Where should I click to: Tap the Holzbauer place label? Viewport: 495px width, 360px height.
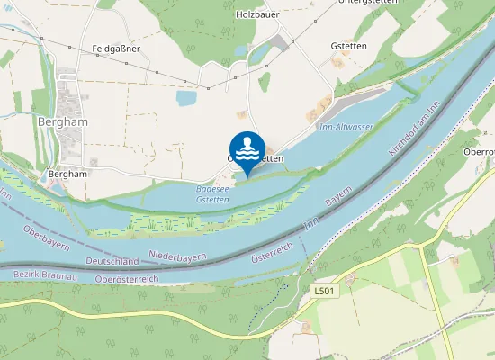[258, 13]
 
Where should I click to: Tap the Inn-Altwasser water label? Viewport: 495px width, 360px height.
[346, 127]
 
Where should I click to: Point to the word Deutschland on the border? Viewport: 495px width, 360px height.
[112, 261]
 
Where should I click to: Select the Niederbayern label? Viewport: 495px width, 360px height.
[177, 257]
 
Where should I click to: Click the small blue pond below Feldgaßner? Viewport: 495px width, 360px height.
[187, 98]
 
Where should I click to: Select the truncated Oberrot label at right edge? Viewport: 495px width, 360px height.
[479, 152]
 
